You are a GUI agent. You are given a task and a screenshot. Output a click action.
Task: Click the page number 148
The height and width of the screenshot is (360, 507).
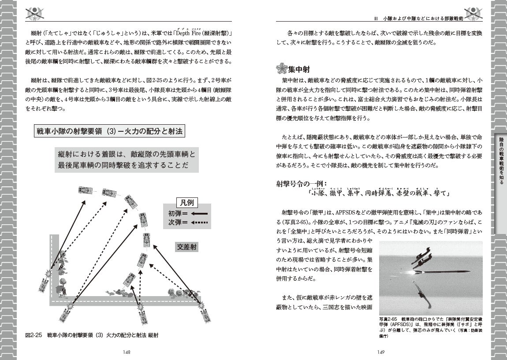127,352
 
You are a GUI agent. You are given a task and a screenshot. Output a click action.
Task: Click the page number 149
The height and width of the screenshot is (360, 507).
381,352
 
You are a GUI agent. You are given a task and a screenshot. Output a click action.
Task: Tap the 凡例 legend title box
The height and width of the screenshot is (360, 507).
187,203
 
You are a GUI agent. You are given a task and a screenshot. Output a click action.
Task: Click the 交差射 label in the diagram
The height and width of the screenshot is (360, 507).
187,247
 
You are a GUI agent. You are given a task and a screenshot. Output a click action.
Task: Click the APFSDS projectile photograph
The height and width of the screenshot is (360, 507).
430,278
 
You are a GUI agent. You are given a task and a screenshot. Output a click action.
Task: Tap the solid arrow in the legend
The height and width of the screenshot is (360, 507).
200,213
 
